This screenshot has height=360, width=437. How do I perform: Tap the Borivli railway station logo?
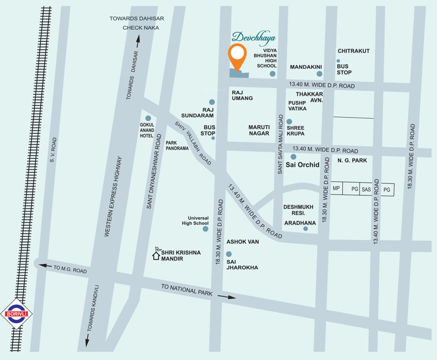click(x=16, y=314)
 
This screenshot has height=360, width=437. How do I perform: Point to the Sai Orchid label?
click(x=302, y=165)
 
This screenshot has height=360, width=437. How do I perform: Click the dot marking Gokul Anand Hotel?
click(x=148, y=118)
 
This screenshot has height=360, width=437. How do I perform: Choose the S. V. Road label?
click(x=53, y=150)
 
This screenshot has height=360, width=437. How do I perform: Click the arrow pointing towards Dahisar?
click(x=138, y=41)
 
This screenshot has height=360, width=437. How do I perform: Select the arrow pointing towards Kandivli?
click(x=87, y=340)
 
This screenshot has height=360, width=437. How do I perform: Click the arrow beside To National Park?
click(x=227, y=297)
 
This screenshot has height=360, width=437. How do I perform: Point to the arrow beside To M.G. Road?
click(x=45, y=266)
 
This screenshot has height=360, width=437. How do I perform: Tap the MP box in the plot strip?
click(x=336, y=189)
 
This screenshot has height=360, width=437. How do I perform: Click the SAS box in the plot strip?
click(x=366, y=190)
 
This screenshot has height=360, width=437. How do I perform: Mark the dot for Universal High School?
click(x=206, y=229)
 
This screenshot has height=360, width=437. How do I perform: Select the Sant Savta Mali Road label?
click(x=280, y=144)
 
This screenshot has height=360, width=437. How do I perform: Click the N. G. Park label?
click(x=352, y=160)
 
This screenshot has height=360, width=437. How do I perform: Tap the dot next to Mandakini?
click(x=319, y=74)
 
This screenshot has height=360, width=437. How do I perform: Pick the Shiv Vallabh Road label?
click(x=193, y=143)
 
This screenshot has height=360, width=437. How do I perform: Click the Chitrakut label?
click(x=353, y=51)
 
